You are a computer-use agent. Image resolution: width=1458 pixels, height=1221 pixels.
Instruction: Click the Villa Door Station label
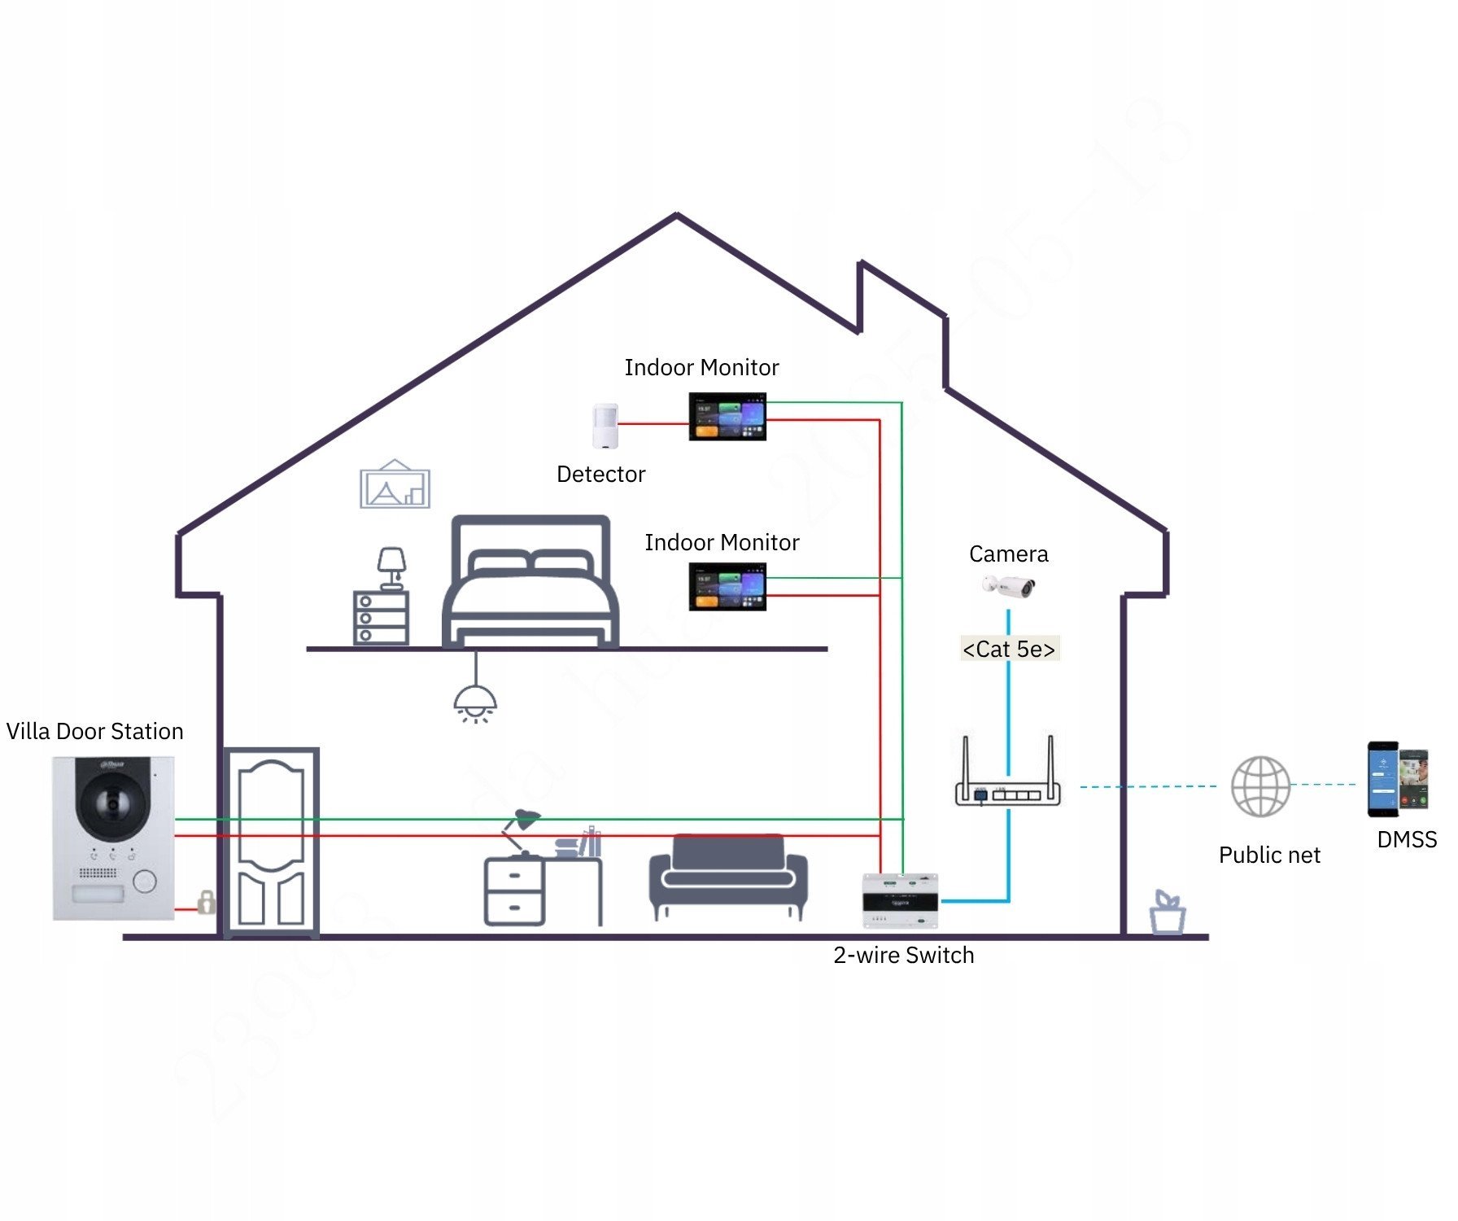(x=94, y=731)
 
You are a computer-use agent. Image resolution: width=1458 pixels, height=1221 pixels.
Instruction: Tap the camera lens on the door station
(x=112, y=804)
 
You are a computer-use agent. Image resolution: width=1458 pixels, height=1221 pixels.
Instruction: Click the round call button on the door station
(x=144, y=881)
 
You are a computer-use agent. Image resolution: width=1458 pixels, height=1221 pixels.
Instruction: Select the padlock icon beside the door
(x=207, y=902)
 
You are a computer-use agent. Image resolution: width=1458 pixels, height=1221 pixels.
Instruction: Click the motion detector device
(x=605, y=426)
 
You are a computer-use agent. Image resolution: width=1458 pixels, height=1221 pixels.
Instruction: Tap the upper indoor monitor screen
(x=727, y=417)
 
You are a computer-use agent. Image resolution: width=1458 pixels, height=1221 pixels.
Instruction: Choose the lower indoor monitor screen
(x=727, y=586)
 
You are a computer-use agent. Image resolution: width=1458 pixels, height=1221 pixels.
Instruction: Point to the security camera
(x=1009, y=585)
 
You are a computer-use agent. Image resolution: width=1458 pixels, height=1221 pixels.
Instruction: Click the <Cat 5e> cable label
(x=1009, y=649)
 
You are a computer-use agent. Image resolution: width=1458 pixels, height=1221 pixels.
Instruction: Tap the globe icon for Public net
(x=1260, y=786)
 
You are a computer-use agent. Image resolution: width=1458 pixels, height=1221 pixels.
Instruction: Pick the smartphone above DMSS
(x=1397, y=779)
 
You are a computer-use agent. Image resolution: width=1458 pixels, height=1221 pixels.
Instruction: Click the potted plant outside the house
(x=1168, y=913)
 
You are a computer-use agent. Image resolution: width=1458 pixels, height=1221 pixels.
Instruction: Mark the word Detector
(x=600, y=474)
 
